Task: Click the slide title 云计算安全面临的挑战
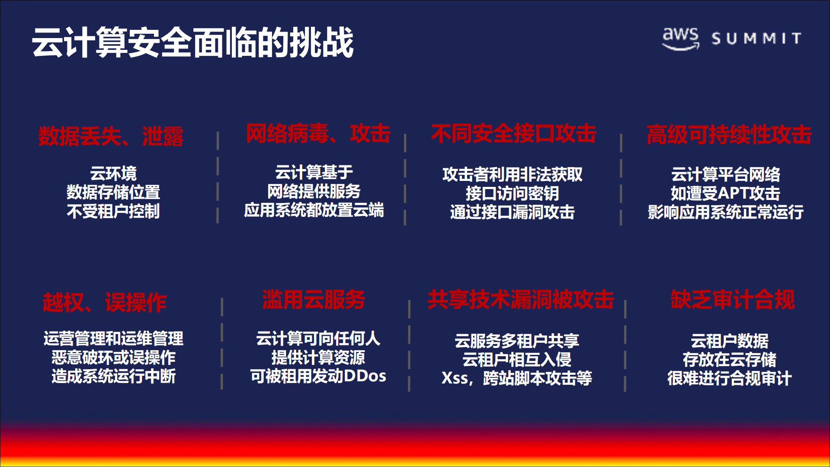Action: (x=192, y=42)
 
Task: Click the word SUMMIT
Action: (x=756, y=39)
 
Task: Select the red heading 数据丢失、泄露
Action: (x=111, y=136)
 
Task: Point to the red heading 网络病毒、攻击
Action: (x=318, y=134)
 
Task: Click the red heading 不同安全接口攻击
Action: (x=513, y=134)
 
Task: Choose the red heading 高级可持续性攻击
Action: (x=729, y=135)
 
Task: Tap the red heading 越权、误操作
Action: (x=105, y=302)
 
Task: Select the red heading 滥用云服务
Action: (x=314, y=300)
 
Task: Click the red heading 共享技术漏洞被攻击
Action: (x=521, y=300)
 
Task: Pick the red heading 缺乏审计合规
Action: (x=732, y=300)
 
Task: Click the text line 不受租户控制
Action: (x=113, y=211)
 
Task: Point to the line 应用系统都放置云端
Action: (x=314, y=210)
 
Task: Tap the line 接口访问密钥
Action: (x=512, y=193)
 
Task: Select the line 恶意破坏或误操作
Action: (x=113, y=357)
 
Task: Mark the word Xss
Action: (x=454, y=378)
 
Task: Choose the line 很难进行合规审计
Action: (x=729, y=378)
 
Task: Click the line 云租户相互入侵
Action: (x=516, y=360)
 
